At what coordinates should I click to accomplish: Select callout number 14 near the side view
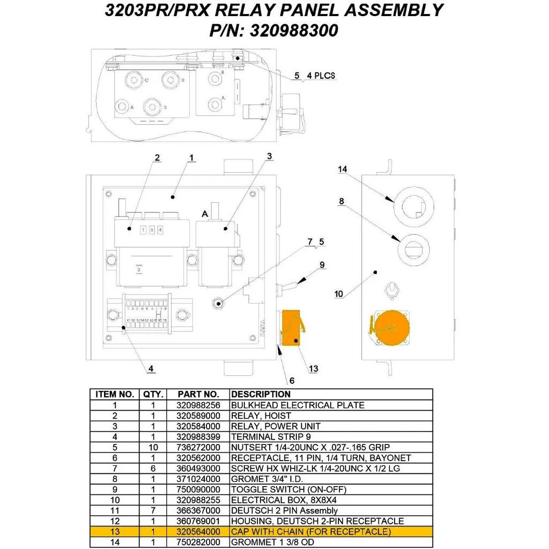tap(343, 169)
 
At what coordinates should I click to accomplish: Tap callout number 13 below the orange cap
tap(314, 368)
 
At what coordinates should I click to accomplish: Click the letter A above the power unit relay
tap(204, 213)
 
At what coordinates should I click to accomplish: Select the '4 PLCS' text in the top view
tap(321, 76)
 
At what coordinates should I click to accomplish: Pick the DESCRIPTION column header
tap(261, 394)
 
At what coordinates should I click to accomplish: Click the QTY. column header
tap(153, 394)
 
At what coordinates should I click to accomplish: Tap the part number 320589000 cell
tap(198, 416)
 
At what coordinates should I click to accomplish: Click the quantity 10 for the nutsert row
tap(153, 447)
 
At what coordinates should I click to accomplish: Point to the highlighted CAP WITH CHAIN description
tap(311, 532)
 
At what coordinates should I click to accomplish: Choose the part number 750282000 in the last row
tap(198, 542)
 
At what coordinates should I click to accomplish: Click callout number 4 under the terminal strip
tap(151, 368)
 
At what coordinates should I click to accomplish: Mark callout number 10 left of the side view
tap(339, 294)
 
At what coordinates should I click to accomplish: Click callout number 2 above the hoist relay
tap(157, 158)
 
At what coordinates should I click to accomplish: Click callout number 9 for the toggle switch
tap(322, 264)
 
